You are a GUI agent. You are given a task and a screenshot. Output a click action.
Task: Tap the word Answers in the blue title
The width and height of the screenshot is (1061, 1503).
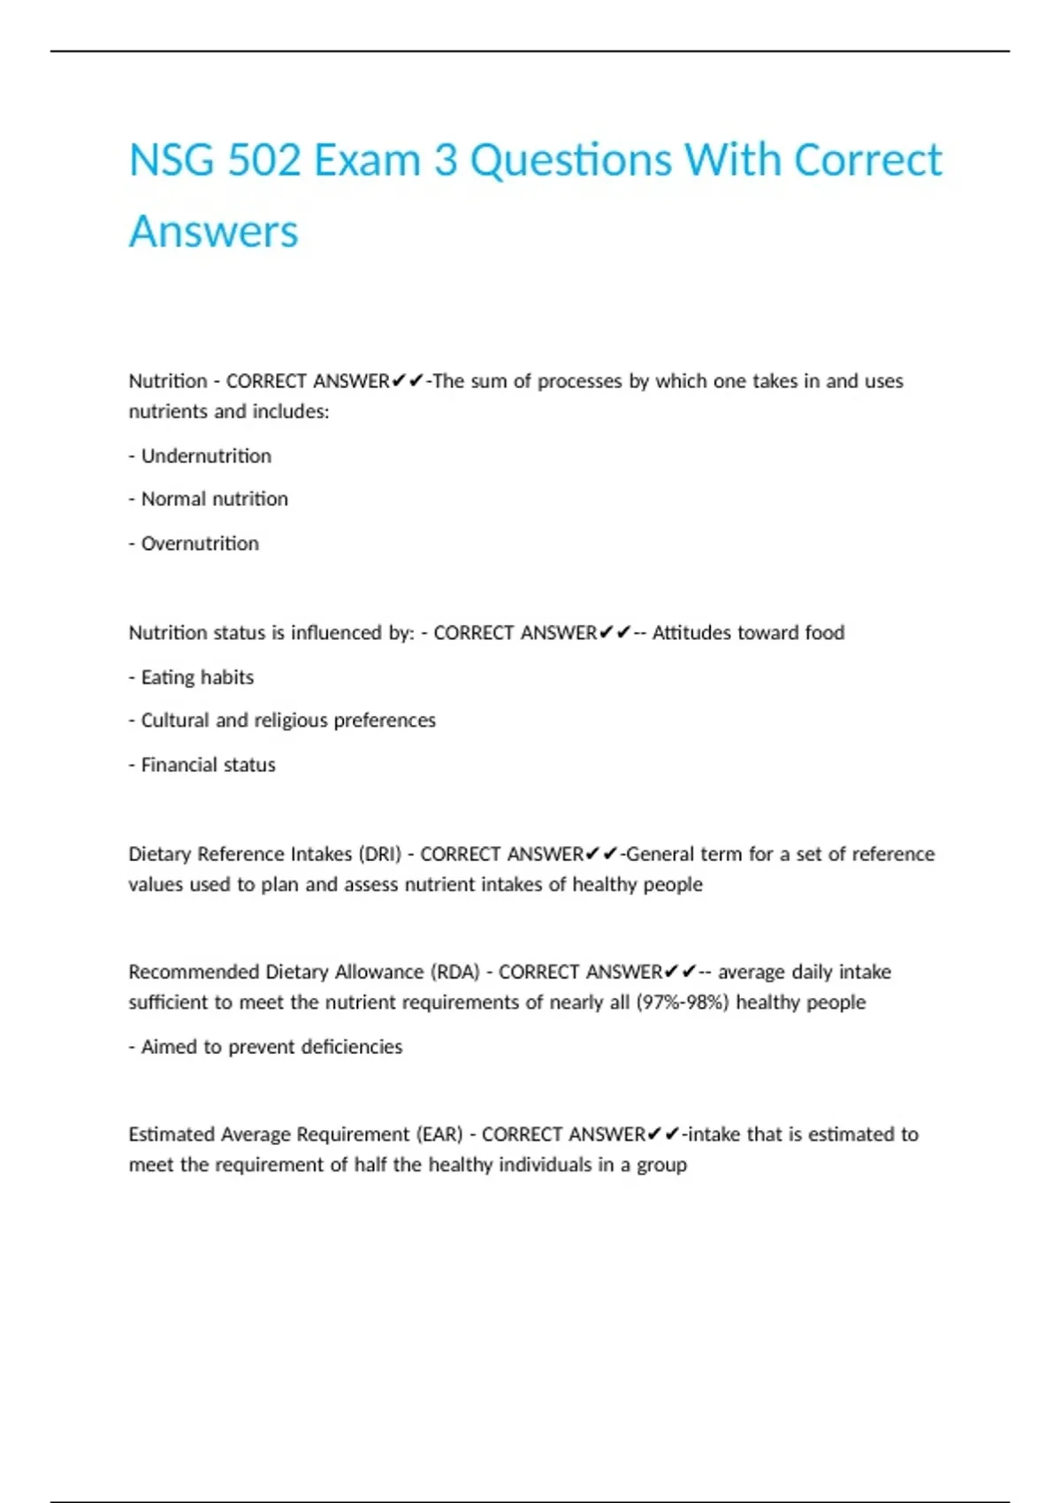(214, 232)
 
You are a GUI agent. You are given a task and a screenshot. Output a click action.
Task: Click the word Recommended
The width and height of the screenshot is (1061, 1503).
(194, 973)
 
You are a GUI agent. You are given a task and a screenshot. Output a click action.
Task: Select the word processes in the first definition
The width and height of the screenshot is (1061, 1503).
(580, 382)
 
